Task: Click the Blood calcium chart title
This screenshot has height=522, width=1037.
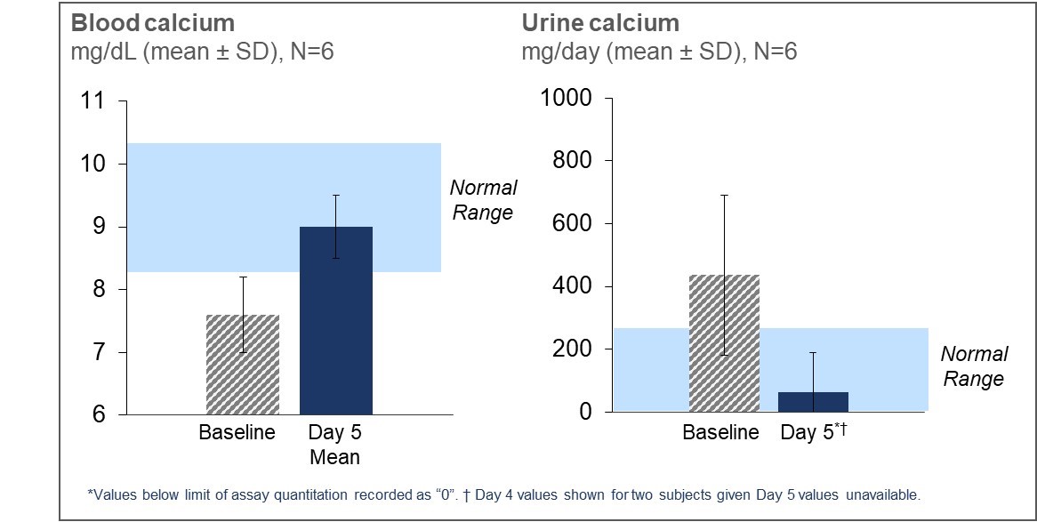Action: click(152, 22)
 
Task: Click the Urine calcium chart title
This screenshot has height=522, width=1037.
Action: click(600, 22)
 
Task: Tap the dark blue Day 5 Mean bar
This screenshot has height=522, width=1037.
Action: click(336, 320)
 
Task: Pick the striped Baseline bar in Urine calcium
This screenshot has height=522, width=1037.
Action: click(724, 342)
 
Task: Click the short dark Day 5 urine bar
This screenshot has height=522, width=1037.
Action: click(813, 402)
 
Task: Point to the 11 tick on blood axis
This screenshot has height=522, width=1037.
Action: click(92, 100)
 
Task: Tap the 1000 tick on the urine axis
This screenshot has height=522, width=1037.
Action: click(567, 98)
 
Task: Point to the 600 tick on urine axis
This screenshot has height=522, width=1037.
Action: click(573, 223)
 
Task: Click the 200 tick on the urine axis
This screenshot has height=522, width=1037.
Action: click(573, 349)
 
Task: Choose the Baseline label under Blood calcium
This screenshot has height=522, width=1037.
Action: click(237, 433)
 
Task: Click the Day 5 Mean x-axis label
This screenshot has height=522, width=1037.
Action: click(334, 445)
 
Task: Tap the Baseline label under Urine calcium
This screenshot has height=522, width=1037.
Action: click(720, 433)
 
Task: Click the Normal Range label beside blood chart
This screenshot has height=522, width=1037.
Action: click(483, 200)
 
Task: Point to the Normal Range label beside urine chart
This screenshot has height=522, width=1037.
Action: click(974, 366)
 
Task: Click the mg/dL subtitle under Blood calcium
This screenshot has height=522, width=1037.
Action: click(202, 52)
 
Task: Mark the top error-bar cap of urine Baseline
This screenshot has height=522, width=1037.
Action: click(724, 195)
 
